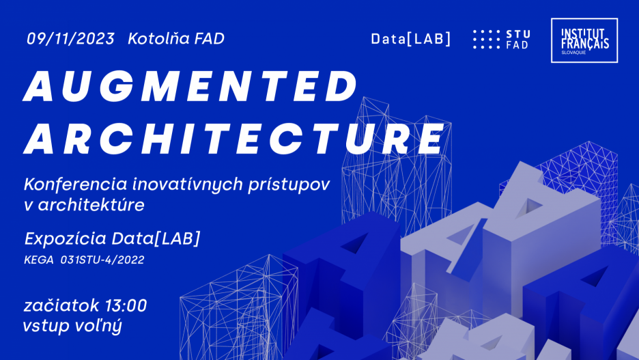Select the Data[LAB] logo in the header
tap(411, 39)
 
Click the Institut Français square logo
tap(584, 40)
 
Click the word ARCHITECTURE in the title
tap(234, 139)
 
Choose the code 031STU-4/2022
tap(102, 260)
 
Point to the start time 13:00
tap(126, 305)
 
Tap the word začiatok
tap(60, 305)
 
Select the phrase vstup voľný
tap(72, 326)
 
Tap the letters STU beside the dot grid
tap(519, 33)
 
